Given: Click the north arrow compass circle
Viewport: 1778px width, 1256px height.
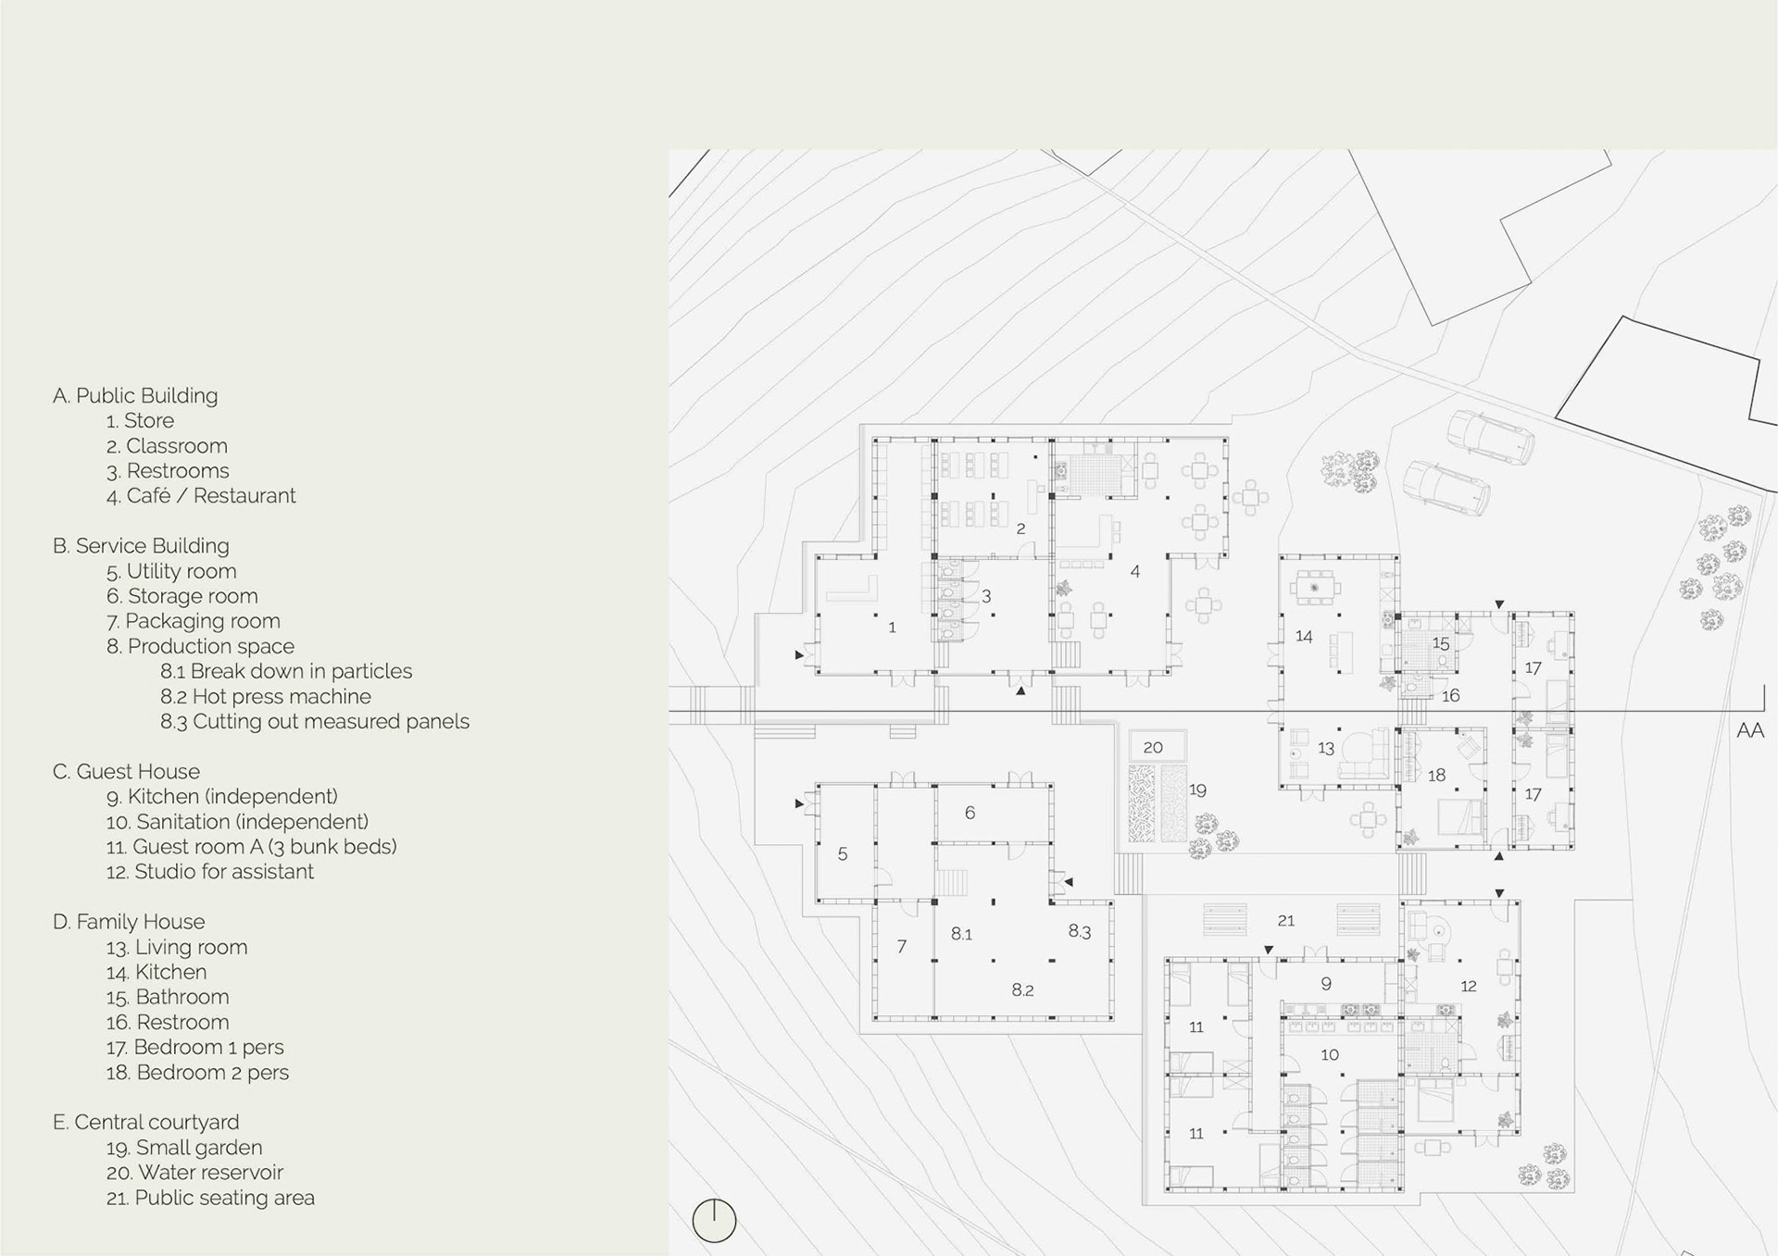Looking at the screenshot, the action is coord(714,1221).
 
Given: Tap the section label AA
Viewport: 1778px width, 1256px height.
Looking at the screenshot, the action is coord(1749,731).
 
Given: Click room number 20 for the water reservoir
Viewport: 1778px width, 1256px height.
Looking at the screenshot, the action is coord(1153,747).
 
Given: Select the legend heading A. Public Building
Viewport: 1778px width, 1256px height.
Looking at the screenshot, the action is coord(135,395).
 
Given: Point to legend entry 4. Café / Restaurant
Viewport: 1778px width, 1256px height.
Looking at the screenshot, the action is coord(201,496).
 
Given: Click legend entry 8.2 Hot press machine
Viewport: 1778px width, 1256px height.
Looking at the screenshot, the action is coord(266,696).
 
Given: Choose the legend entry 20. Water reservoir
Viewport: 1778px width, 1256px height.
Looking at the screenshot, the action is coord(194,1173).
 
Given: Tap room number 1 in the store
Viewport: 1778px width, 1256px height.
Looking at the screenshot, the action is coord(892,628).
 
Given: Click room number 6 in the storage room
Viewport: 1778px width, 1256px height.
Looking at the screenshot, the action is coord(970,813).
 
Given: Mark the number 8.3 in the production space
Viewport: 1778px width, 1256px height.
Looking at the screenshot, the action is coord(1080,931).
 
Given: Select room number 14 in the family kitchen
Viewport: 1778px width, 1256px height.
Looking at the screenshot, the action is coord(1304,636).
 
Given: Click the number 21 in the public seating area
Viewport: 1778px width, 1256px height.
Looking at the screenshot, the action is coord(1286,920).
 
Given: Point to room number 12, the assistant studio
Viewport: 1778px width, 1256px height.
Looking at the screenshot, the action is coord(1469,986).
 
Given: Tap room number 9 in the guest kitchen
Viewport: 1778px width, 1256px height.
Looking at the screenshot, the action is coord(1326,984).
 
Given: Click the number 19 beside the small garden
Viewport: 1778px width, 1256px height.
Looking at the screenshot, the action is coord(1197,790).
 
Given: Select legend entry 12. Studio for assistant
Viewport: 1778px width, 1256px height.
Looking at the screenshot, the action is coord(210,872).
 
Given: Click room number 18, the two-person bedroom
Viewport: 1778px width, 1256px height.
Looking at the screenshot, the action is coord(1436,775).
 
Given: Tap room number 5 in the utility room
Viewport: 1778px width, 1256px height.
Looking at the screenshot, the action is coord(843,853).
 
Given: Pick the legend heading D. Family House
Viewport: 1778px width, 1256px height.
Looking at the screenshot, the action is coord(129,922).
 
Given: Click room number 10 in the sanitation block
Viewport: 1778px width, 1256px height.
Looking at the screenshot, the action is coord(1330,1054).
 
